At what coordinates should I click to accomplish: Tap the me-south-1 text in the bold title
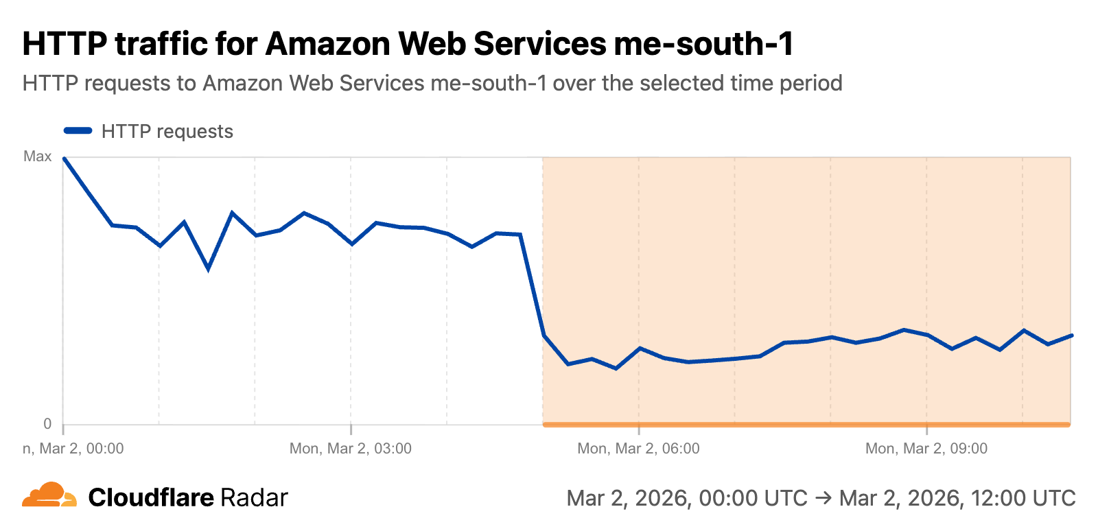703,44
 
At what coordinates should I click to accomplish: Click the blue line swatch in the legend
78,131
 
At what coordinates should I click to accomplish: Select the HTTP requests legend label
167,132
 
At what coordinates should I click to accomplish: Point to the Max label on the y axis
38,156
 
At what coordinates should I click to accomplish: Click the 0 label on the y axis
47,424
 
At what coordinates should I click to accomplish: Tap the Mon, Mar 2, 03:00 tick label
350,449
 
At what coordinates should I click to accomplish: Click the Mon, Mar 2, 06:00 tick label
638,449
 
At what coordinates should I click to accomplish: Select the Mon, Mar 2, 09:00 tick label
926,449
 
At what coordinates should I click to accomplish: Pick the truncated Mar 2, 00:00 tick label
73,449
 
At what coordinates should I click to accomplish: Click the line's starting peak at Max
64,158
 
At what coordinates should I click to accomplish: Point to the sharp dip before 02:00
208,269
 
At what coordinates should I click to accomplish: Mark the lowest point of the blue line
616,368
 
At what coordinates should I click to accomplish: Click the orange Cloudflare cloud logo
49,495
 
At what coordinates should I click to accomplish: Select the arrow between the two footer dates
823,498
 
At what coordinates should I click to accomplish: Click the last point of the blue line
1071,335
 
